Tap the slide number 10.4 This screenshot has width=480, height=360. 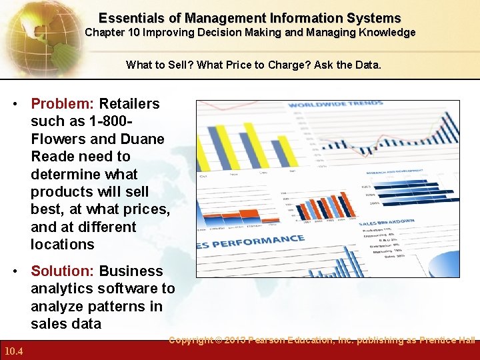tap(13, 351)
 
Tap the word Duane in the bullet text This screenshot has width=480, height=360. tap(143, 139)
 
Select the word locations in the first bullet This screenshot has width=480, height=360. tap(63, 245)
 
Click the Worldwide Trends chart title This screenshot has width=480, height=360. tap(336, 105)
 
